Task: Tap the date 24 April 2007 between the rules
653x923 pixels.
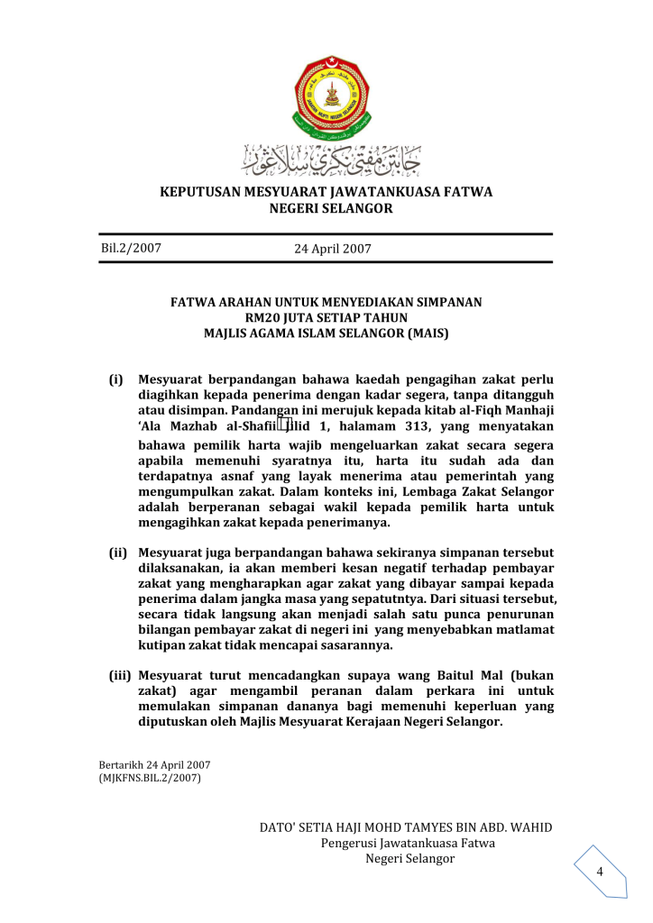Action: tap(332, 249)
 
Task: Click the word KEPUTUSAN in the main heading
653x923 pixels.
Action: tap(200, 192)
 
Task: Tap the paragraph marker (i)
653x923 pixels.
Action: tap(116, 379)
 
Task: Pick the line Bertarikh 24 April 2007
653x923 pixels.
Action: tap(148, 765)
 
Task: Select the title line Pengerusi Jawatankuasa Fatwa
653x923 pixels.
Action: tap(408, 843)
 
